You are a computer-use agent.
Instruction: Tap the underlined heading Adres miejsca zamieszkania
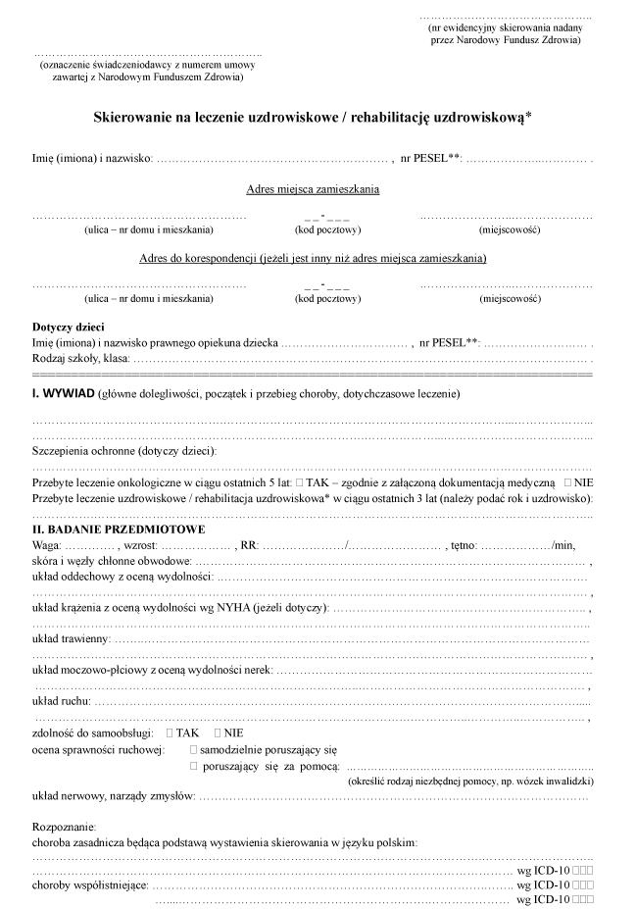click(313, 189)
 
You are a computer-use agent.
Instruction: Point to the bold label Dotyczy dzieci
click(69, 327)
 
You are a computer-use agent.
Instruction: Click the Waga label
click(48, 544)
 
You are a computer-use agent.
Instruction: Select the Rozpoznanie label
click(64, 827)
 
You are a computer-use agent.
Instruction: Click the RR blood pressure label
click(245, 544)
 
